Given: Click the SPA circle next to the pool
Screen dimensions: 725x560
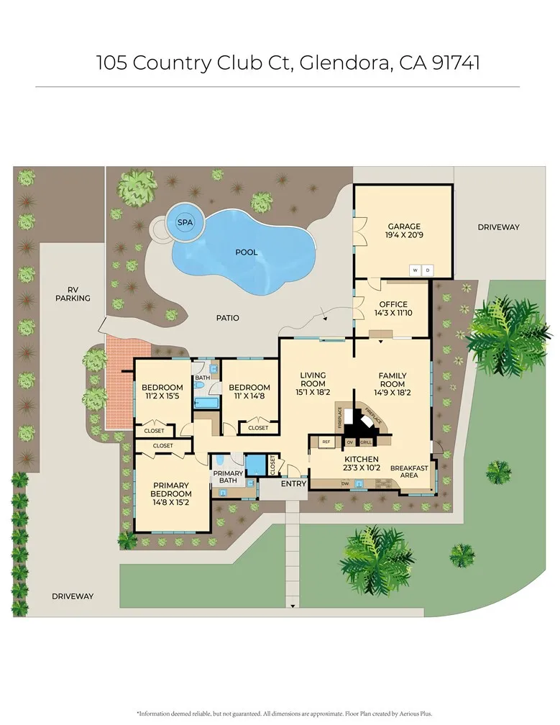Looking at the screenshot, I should point(185,222).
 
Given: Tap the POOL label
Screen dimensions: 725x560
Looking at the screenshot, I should point(247,252).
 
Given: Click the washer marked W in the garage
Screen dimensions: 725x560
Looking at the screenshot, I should point(415,270).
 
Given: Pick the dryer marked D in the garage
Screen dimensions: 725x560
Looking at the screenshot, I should point(427,270).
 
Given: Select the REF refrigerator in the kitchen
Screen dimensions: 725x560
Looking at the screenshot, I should point(326,442).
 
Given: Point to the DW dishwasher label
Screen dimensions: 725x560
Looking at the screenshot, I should point(346,483).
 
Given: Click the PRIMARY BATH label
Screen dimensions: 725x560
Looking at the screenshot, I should point(228,476).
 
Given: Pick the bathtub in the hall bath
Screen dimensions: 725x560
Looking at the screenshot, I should point(206,401).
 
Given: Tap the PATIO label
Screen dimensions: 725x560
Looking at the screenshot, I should point(227,317).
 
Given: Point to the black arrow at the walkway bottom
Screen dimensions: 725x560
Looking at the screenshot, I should point(293,606).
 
